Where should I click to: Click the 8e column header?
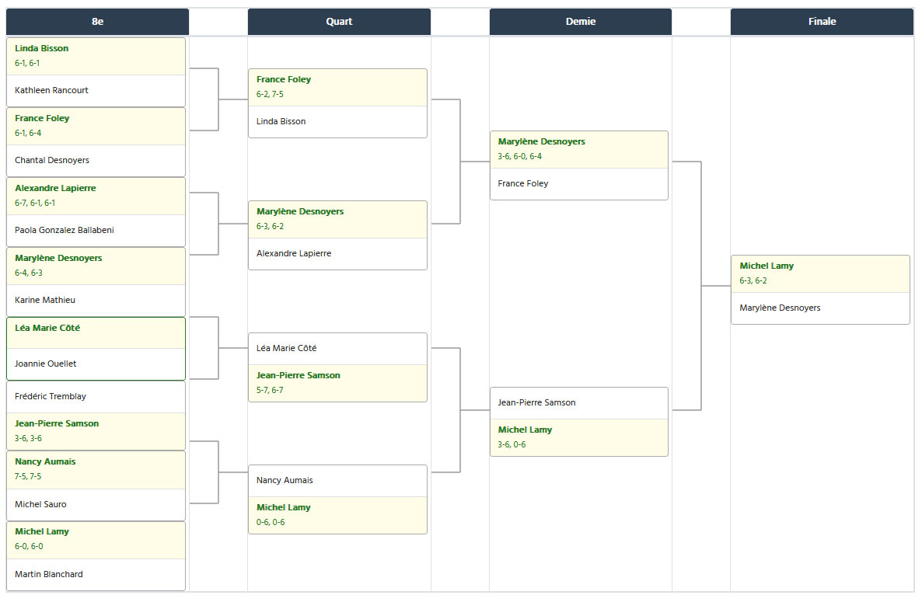[98, 22]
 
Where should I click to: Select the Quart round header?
[339, 22]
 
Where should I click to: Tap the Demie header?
[581, 22]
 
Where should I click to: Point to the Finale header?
[822, 22]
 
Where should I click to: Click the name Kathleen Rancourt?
[52, 90]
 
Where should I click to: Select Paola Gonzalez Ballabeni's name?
[65, 230]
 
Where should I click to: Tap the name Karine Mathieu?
[45, 300]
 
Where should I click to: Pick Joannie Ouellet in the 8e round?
[46, 364]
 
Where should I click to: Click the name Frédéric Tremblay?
[51, 396]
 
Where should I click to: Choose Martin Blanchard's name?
[49, 574]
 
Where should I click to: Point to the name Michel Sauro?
[40, 504]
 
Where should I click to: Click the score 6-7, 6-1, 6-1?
[35, 204]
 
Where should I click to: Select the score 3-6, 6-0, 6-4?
[520, 157]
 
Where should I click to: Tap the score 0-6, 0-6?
[271, 523]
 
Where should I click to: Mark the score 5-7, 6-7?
[270, 391]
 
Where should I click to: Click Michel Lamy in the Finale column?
[767, 266]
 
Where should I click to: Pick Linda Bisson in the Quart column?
[281, 122]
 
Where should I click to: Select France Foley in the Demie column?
[522, 184]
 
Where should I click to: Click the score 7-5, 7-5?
[28, 477]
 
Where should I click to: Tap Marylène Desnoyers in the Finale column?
[780, 308]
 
